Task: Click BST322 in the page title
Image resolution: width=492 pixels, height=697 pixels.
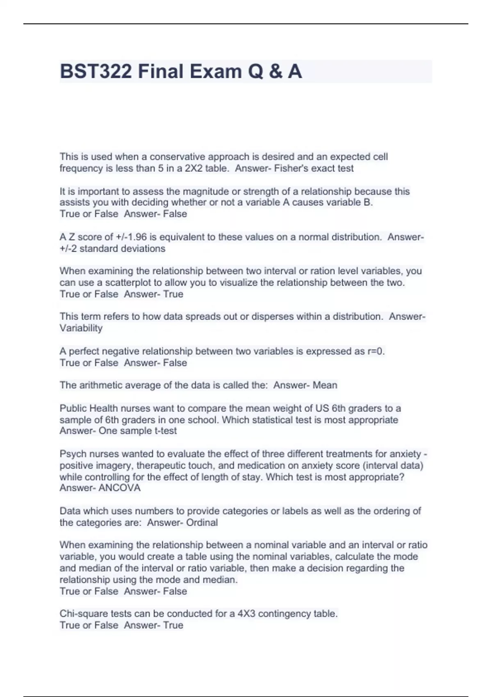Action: click(x=96, y=71)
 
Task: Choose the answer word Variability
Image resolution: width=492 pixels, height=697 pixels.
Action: click(x=81, y=328)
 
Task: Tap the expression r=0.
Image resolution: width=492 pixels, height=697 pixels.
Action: click(x=376, y=351)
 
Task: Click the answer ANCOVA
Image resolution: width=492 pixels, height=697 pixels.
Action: click(x=119, y=488)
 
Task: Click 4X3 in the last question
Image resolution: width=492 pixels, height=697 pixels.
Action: click(x=246, y=614)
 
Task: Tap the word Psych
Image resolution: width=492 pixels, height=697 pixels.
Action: click(x=73, y=454)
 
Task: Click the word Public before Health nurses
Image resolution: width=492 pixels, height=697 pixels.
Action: click(x=73, y=408)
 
